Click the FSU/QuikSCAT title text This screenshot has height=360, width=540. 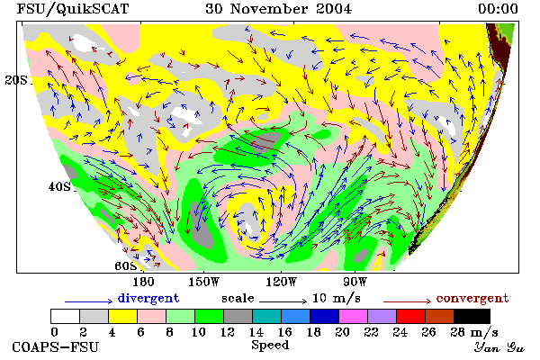(x=73, y=9)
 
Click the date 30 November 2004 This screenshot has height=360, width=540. (x=279, y=9)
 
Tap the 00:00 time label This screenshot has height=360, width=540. (x=498, y=9)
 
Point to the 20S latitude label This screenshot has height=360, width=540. (x=16, y=80)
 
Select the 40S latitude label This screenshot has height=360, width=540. (x=60, y=186)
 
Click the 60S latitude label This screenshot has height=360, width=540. (x=126, y=266)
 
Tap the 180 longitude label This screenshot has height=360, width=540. (x=143, y=282)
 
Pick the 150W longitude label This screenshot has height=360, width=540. (x=204, y=282)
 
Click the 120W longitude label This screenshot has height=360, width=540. (x=281, y=282)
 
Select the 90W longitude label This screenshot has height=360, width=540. (x=355, y=282)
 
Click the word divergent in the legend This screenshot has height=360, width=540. (x=148, y=298)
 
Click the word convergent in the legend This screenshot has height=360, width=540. (x=472, y=298)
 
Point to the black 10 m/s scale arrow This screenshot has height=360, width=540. (x=283, y=301)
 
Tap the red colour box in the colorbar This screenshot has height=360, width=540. (x=410, y=316)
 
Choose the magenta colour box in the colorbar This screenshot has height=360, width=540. (x=353, y=316)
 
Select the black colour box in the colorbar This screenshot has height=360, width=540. (x=472, y=316)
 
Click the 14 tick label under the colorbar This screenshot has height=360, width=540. (x=256, y=332)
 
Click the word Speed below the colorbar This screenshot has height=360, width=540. (x=270, y=346)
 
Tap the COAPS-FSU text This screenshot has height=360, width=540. (x=56, y=347)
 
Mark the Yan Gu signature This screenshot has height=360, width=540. (x=499, y=347)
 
